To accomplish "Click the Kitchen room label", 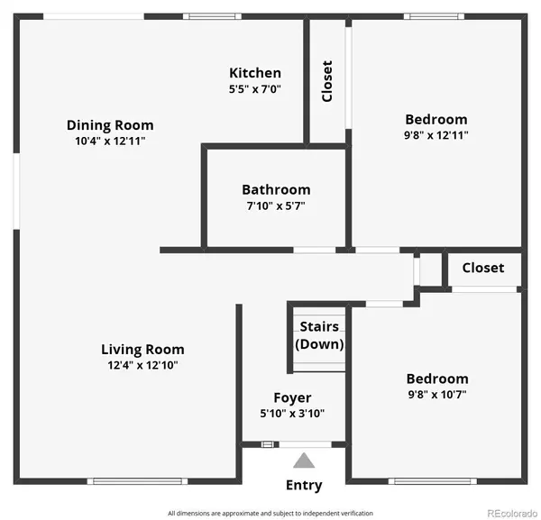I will click(255, 73).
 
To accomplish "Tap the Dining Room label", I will click(110, 125).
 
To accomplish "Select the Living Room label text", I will click(142, 350).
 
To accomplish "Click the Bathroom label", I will click(276, 190).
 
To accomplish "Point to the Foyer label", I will click(292, 397).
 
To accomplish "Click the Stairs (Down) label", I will click(319, 335).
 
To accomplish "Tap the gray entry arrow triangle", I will click(304, 461).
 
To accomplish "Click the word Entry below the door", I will click(304, 486).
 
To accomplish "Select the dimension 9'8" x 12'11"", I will click(436, 135).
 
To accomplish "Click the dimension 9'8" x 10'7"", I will click(437, 395).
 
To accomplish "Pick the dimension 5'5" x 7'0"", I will click(255, 89).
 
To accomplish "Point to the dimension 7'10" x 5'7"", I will click(276, 205).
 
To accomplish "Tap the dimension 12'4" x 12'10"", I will click(142, 365).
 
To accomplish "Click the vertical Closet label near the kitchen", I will click(327, 81).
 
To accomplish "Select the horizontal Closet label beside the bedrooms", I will click(483, 268).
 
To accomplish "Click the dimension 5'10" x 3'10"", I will click(292, 413).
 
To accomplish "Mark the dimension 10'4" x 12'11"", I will click(110, 141).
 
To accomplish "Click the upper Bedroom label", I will click(436, 119).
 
